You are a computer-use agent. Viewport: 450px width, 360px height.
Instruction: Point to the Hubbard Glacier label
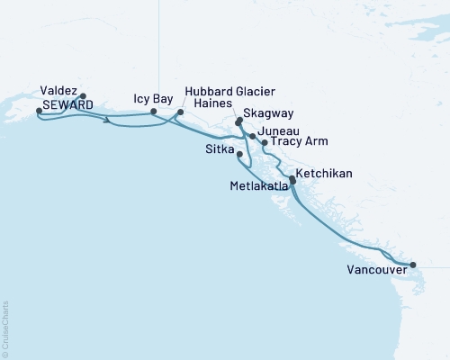pos(229,92)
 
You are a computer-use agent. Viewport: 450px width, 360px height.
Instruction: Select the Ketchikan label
pos(323,173)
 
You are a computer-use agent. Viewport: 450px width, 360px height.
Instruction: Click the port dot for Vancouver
pos(413,265)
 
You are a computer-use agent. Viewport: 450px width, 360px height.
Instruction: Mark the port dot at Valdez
pos(83,95)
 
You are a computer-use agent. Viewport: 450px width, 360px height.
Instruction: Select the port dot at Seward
pos(38,111)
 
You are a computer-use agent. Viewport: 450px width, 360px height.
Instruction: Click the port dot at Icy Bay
pos(166,112)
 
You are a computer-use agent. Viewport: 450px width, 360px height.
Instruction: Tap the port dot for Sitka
pos(238,155)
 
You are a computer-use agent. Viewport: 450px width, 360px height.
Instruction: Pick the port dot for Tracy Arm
pos(264,142)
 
